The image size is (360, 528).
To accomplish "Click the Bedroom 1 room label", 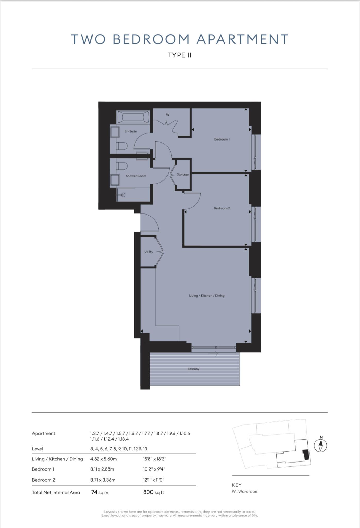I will (222, 139).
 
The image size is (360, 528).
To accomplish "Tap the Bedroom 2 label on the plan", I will (222, 208).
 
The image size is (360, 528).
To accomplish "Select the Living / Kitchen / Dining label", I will (207, 296).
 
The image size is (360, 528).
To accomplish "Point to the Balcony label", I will (193, 369).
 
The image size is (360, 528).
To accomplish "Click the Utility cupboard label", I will (148, 252).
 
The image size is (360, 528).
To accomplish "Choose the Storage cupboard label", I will (182, 175).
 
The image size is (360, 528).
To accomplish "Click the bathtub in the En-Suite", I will (133, 117).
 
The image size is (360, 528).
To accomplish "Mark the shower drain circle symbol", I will (123, 195).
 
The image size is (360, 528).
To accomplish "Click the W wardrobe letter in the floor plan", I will (168, 115).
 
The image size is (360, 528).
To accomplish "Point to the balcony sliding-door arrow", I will (213, 354).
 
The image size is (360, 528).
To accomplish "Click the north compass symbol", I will (321, 445).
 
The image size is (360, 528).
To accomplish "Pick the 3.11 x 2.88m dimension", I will (102, 469).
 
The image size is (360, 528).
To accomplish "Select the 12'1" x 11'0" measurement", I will (154, 480).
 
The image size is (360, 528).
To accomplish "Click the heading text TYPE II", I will (180, 55).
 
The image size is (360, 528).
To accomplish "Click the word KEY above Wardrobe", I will (237, 485).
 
